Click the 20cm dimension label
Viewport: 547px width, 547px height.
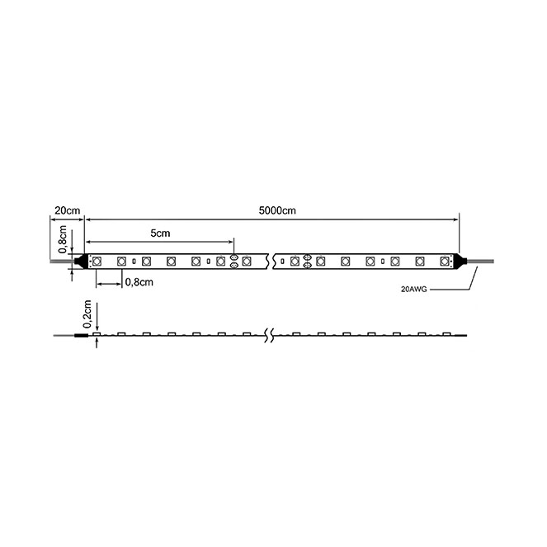[x=68, y=210]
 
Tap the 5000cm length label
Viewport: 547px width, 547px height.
[x=277, y=210]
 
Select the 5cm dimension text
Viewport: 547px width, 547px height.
[x=160, y=233]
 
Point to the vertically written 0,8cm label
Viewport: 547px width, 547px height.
[x=63, y=239]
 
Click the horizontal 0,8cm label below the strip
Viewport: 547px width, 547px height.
[x=139, y=282]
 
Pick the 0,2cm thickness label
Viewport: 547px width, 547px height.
[x=87, y=314]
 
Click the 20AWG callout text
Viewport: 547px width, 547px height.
[x=413, y=290]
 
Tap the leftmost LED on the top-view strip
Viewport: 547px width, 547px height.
[x=97, y=261]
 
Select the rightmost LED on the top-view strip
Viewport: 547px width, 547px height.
[x=445, y=261]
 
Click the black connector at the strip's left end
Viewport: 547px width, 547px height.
[x=81, y=261]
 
